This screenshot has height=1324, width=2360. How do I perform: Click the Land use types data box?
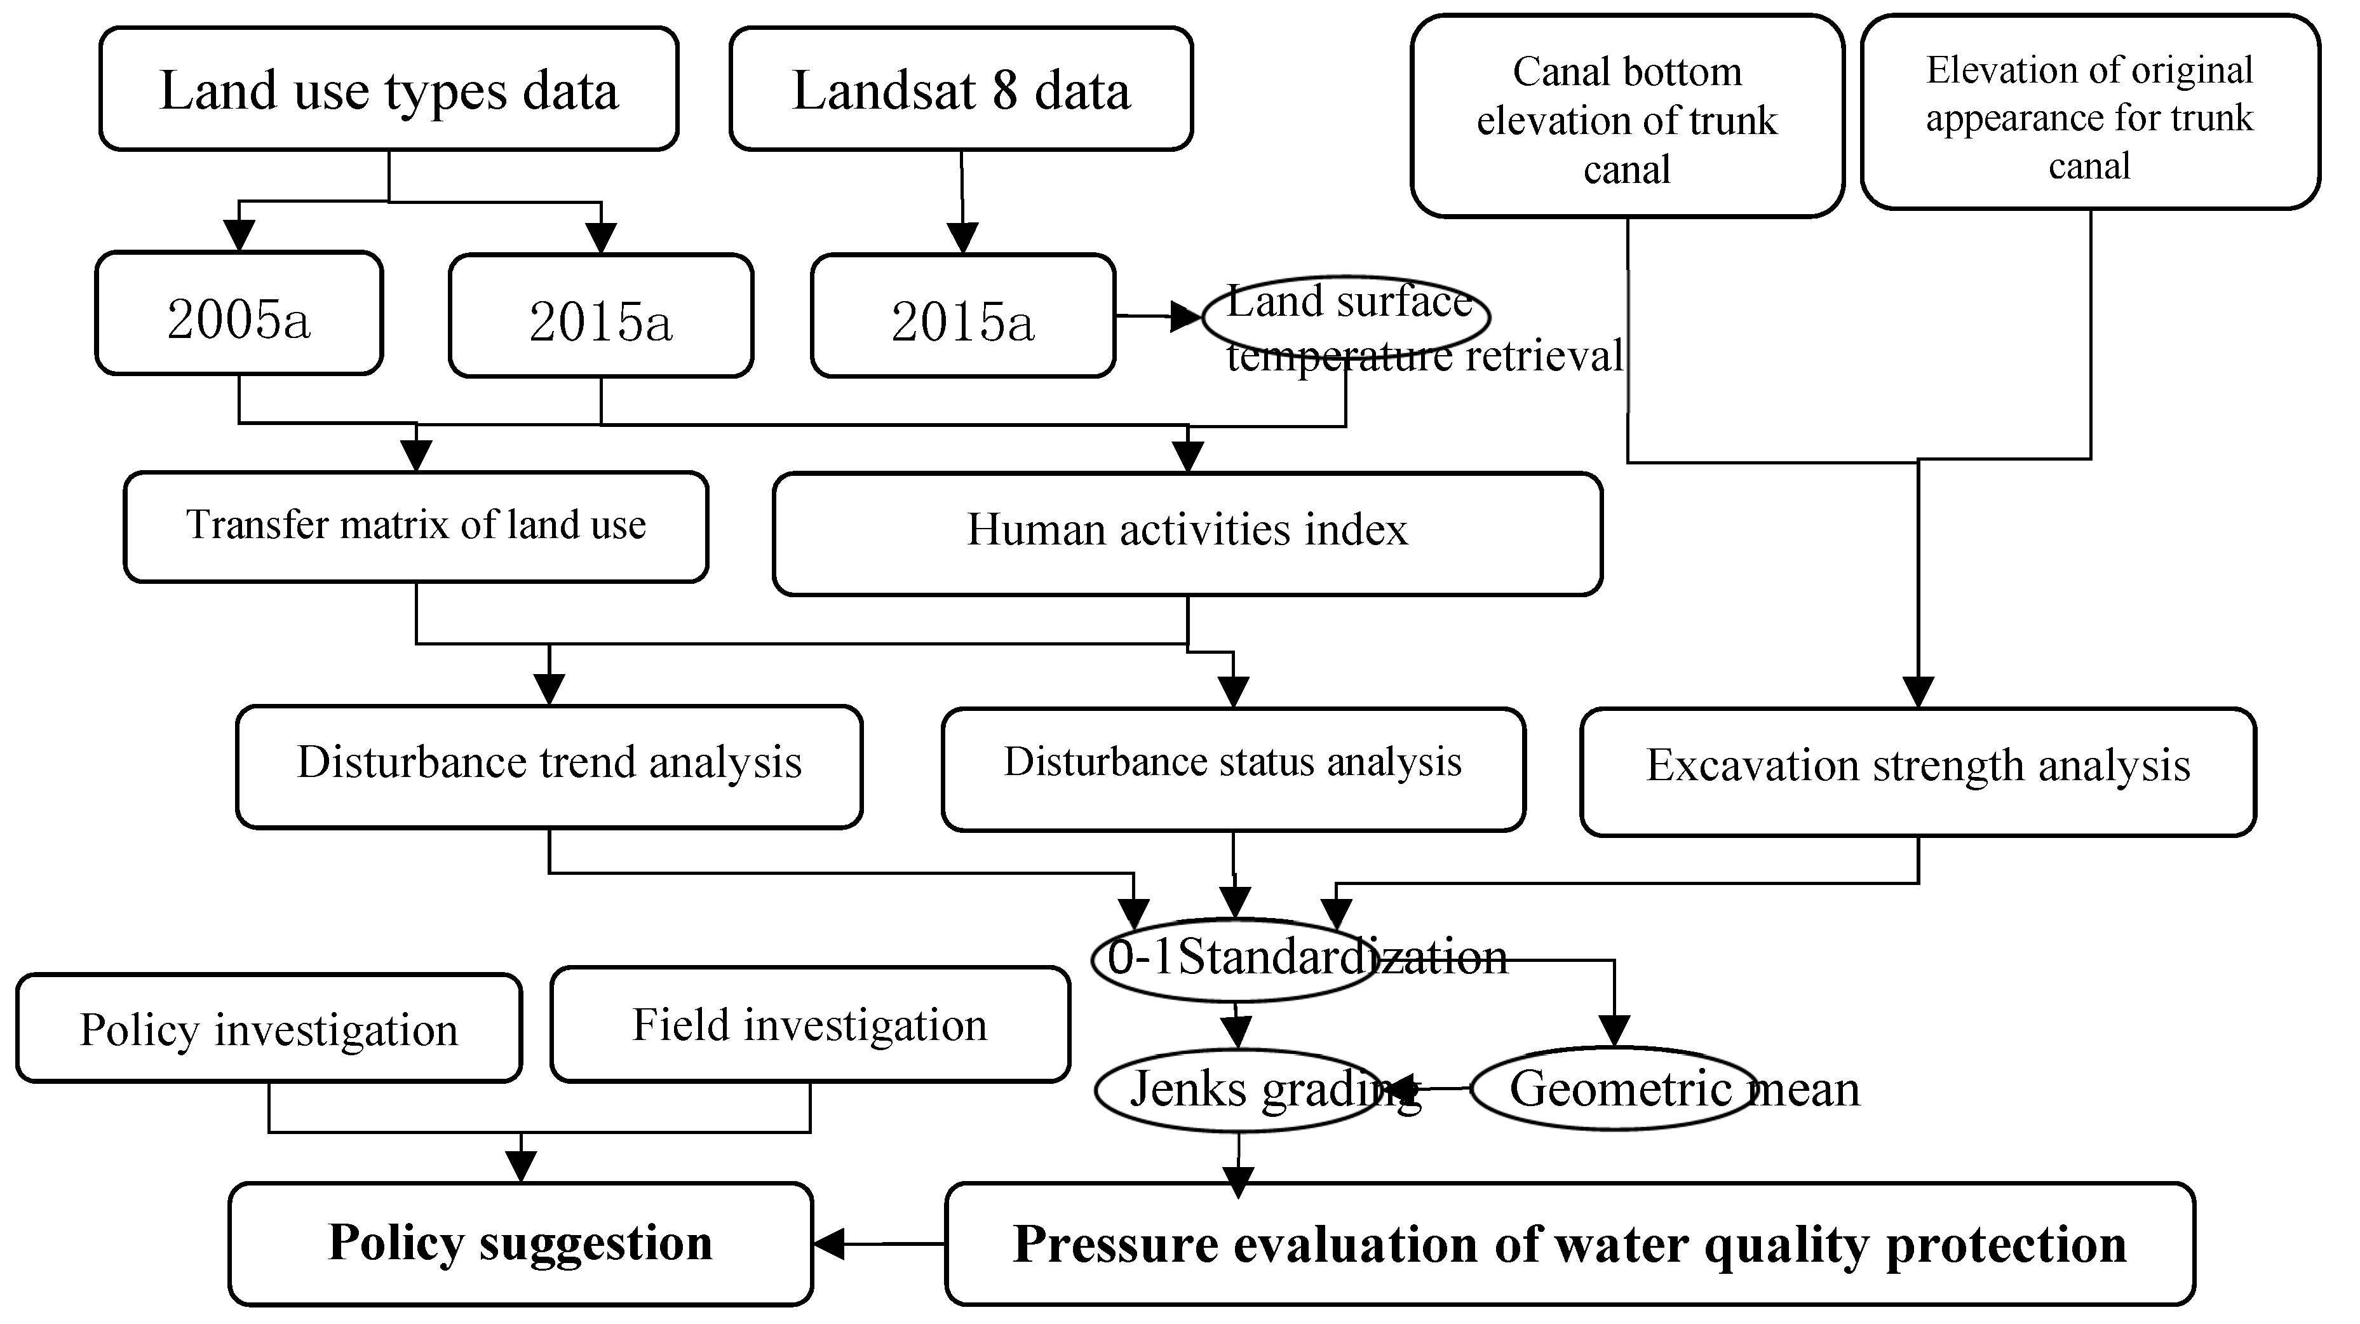(388, 89)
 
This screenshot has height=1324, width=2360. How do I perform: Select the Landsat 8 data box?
(961, 89)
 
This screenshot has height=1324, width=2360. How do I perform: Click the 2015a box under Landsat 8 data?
(962, 316)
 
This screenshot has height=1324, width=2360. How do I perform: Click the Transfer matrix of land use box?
(416, 527)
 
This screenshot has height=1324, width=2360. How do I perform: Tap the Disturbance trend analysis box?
(549, 767)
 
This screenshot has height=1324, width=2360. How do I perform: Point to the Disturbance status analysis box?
(1233, 769)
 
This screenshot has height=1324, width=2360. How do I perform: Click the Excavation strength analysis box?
(1917, 771)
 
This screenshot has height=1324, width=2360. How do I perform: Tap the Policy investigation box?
(269, 1028)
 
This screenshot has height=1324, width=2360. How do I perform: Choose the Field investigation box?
(810, 1024)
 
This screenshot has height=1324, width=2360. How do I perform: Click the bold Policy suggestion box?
(520, 1243)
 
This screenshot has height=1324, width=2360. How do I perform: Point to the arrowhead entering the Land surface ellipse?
(1187, 317)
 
